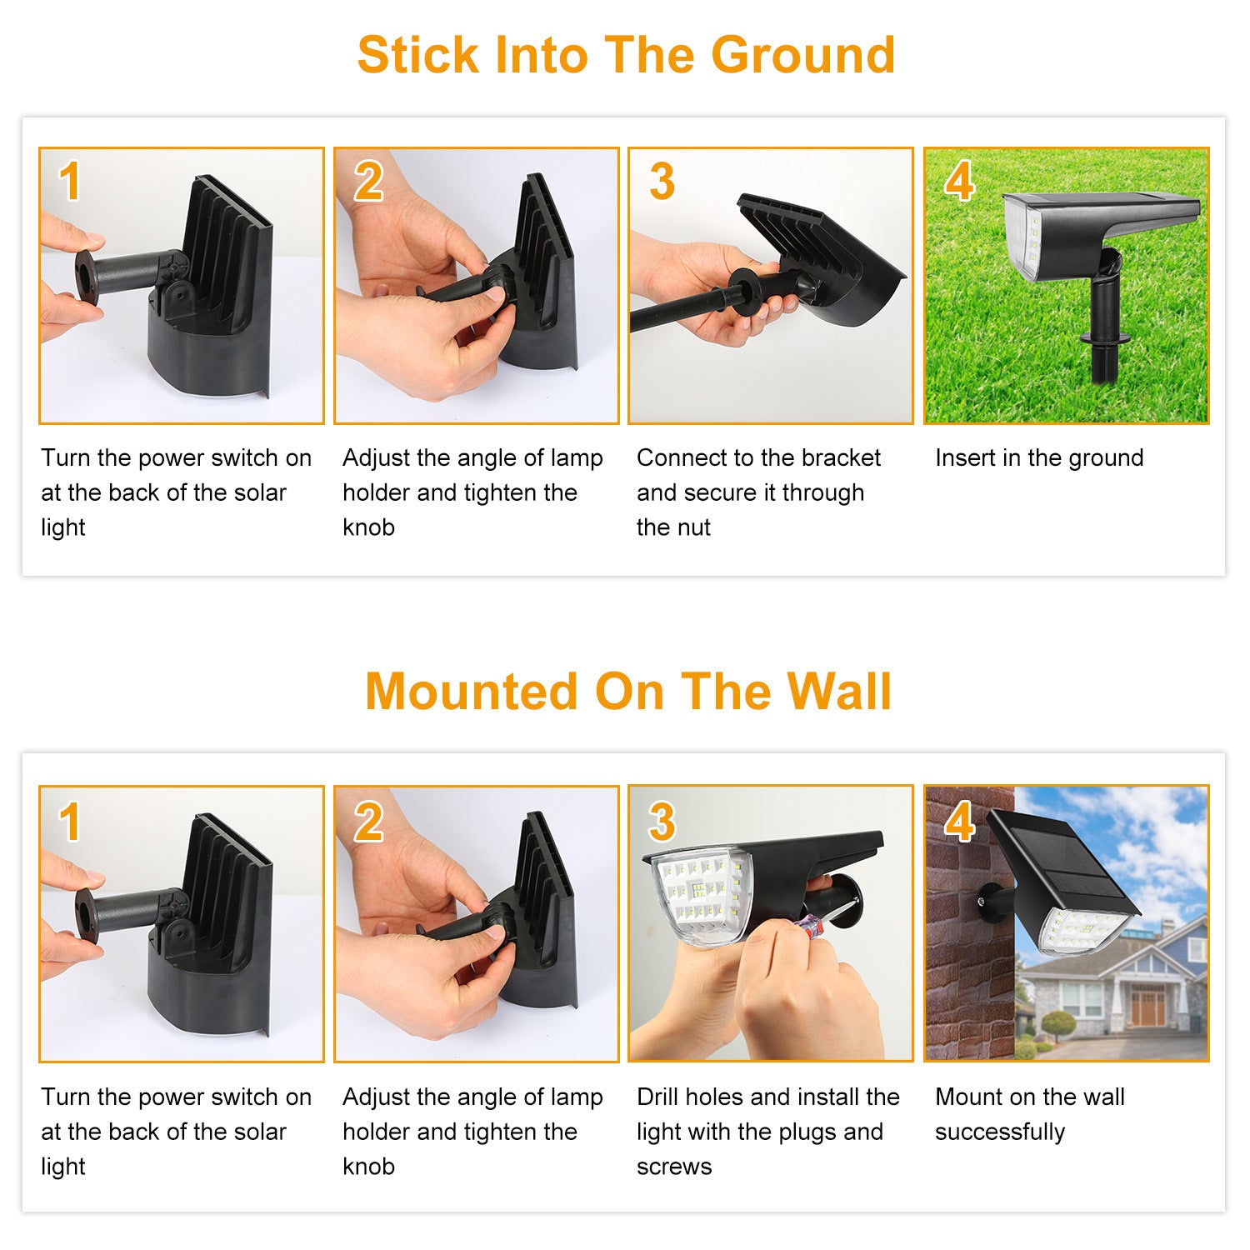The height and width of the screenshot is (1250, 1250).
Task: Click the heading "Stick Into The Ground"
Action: [x=626, y=55]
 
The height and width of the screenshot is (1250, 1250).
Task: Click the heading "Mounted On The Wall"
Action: [x=628, y=691]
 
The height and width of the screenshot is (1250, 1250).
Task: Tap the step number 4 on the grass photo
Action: [x=959, y=181]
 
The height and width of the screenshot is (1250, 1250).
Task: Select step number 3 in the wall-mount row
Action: [x=662, y=822]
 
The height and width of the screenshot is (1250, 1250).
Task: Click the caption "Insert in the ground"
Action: [x=1039, y=457]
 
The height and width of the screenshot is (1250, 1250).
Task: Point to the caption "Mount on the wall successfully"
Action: [x=1030, y=1114]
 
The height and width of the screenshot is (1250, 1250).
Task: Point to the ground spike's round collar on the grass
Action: [x=1105, y=337]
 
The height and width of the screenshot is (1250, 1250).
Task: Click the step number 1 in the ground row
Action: [x=70, y=181]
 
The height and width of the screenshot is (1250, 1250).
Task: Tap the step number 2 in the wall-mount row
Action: [x=367, y=822]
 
